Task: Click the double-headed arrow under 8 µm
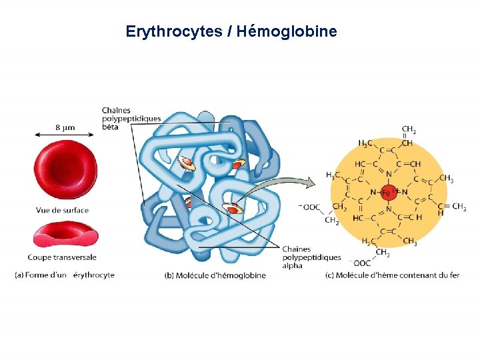pos(65,135)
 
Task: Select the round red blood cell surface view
pos(65,171)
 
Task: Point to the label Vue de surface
pos(62,211)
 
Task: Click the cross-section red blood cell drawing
pos(65,235)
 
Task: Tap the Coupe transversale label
pos(62,257)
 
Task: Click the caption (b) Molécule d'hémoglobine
pos(215,275)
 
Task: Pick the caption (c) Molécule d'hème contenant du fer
pos(392,275)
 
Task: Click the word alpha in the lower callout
pos(292,265)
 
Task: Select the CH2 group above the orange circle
pos(409,129)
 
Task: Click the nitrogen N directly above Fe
pos(389,175)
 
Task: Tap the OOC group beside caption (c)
pos(363,263)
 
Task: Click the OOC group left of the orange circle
pos(311,207)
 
